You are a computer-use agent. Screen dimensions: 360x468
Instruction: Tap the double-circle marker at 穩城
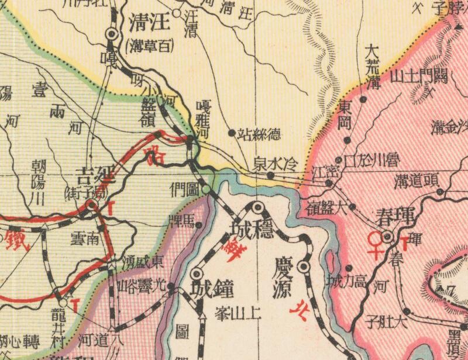(257, 207)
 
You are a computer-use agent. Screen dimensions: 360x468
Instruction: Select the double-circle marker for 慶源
(303, 266)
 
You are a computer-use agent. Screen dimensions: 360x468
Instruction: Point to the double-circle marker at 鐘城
(197, 274)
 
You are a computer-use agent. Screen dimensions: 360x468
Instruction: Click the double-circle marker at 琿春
(387, 237)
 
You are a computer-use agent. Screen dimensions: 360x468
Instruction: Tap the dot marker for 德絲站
(232, 133)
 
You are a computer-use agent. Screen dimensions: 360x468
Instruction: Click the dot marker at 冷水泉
(270, 174)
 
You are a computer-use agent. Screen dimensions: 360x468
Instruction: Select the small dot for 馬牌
(198, 224)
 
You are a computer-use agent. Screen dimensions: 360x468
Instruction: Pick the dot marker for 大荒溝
(363, 100)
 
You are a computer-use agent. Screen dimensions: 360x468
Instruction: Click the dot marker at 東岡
(347, 140)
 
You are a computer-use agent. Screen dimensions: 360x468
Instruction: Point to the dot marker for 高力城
(348, 268)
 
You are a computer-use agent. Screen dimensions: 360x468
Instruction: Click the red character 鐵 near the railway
(13, 239)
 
